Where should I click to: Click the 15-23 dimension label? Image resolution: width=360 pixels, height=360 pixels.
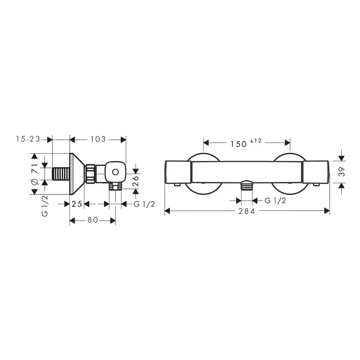coord(27,139)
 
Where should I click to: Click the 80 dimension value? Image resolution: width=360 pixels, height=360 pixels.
coord(92,220)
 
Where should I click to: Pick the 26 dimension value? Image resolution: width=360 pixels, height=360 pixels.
coord(136,178)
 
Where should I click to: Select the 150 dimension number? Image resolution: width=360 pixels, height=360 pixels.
coord(239,144)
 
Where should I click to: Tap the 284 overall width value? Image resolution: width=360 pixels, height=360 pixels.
coord(247,211)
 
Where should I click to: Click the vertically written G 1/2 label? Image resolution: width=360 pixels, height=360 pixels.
coord(44,205)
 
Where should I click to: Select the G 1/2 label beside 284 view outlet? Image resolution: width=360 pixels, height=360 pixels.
coord(275,200)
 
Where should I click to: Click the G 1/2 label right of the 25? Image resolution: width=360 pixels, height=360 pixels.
coord(144,204)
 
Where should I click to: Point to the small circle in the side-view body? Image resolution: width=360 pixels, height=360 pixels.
coord(115,173)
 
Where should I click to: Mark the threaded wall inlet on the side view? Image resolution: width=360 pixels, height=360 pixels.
coord(60,174)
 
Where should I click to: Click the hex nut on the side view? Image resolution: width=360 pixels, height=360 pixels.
coord(90,173)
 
